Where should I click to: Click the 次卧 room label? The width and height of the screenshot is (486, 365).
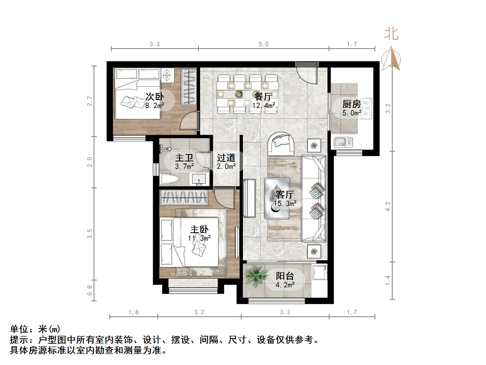(155, 96)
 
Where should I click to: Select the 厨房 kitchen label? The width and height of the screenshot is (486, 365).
(351, 104)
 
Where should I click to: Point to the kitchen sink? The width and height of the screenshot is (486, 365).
(343, 142)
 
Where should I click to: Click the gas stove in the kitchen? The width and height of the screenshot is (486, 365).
(367, 108)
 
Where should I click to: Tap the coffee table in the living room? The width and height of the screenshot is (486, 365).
(277, 198)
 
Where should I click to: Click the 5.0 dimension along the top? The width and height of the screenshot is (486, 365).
(263, 44)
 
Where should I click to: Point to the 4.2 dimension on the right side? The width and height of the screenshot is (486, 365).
(388, 206)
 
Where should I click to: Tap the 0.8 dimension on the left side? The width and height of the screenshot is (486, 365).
(90, 290)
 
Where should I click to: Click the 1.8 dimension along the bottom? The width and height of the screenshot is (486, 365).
(133, 312)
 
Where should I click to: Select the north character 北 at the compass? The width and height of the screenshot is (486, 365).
(392, 34)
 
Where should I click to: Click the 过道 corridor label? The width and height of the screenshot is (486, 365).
(226, 158)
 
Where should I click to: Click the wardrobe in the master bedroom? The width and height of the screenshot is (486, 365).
(184, 197)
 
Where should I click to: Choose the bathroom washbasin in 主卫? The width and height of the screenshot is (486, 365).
(199, 179)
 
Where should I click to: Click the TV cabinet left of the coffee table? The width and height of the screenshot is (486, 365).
(249, 198)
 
